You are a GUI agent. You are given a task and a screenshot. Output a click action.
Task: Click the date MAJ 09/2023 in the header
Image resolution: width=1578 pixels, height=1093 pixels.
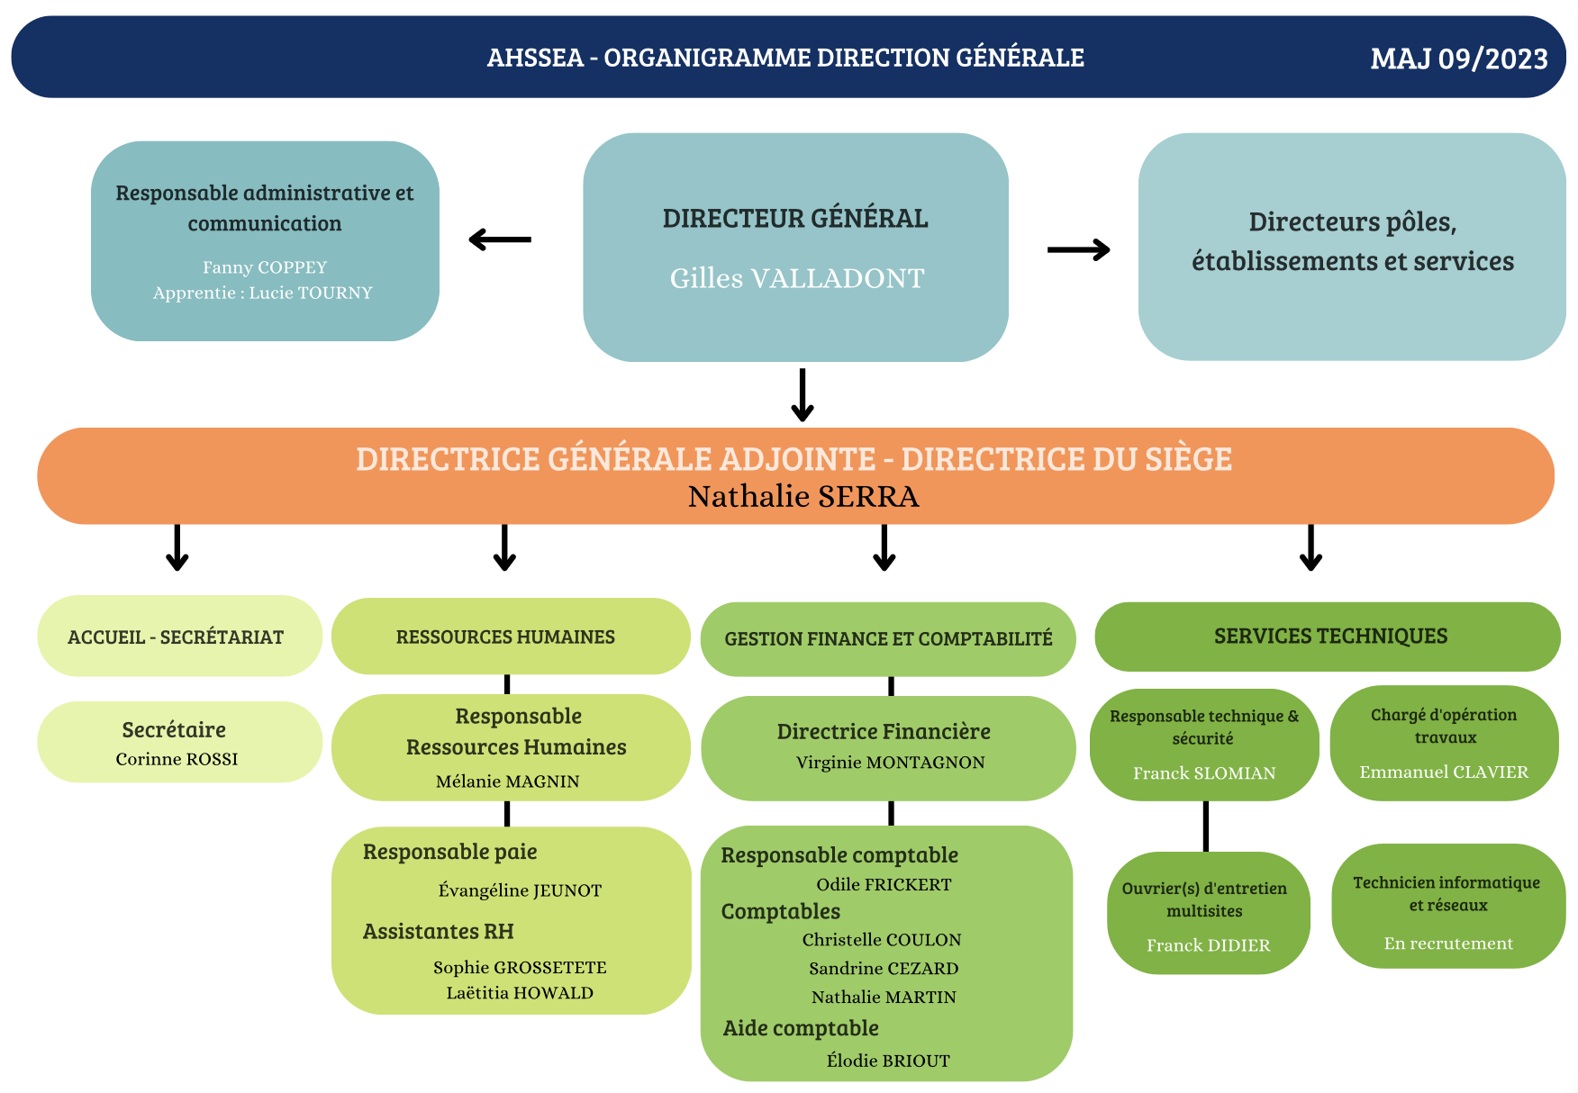pyautogui.click(x=1458, y=59)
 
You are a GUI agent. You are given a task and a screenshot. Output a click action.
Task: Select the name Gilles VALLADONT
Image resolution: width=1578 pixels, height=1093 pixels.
pyautogui.click(x=797, y=278)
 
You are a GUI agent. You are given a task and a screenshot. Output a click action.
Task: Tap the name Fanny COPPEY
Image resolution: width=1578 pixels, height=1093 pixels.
pyautogui.click(x=265, y=267)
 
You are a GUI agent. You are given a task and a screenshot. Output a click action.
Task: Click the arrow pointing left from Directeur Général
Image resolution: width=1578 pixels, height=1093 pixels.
pyautogui.click(x=501, y=239)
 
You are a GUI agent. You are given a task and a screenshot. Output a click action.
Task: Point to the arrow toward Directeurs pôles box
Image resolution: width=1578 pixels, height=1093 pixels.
pyautogui.click(x=1078, y=249)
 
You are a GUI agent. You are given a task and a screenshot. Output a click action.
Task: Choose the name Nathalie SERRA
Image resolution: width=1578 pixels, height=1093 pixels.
pyautogui.click(x=803, y=496)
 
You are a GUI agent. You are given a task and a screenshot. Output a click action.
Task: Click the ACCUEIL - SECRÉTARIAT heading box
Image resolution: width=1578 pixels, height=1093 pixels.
pyautogui.click(x=177, y=637)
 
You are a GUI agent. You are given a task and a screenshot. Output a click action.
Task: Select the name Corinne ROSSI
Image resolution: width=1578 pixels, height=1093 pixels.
pyautogui.click(x=177, y=759)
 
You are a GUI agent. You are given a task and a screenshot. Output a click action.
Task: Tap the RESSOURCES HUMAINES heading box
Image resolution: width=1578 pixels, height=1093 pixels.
pyautogui.click(x=506, y=637)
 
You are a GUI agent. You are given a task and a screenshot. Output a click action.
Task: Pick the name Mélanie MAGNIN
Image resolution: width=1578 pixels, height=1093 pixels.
pyautogui.click(x=508, y=781)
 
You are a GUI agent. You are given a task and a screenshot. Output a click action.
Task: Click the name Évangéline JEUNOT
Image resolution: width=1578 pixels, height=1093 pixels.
pyautogui.click(x=520, y=890)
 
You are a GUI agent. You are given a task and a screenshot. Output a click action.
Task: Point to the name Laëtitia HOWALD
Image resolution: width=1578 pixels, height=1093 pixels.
pyautogui.click(x=520, y=993)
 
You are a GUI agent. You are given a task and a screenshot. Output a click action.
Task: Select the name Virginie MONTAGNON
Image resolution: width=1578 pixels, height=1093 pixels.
pyautogui.click(x=890, y=763)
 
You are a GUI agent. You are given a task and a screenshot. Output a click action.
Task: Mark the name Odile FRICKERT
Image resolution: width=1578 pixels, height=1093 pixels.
pyautogui.click(x=884, y=885)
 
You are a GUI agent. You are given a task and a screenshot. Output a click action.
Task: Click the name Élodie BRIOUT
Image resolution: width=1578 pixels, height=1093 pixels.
pyautogui.click(x=888, y=1061)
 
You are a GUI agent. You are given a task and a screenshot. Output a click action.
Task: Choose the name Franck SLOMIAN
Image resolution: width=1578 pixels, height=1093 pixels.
pyautogui.click(x=1204, y=773)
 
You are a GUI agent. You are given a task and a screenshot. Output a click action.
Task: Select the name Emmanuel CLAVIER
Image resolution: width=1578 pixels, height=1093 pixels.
pyautogui.click(x=1444, y=772)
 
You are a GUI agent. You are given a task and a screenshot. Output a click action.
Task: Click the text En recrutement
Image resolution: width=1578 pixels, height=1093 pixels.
pyautogui.click(x=1448, y=944)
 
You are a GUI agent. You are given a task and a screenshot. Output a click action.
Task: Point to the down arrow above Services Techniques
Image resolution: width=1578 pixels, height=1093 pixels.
pyautogui.click(x=1310, y=547)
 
